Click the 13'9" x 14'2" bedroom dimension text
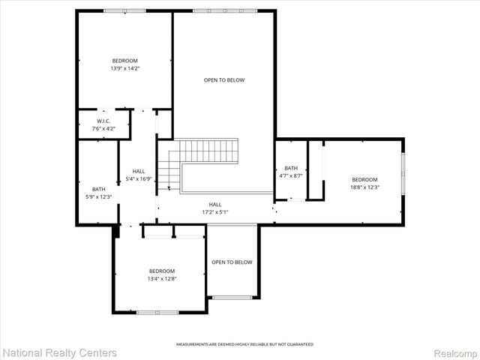tap(125, 68)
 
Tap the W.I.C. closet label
tap(103, 121)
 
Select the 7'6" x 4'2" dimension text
tap(103, 128)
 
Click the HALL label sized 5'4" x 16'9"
tap(138, 171)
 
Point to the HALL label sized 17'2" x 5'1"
tap(215, 204)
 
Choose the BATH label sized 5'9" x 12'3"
tap(99, 189)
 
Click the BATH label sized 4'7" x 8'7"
tap(291, 168)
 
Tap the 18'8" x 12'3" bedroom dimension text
tap(365, 187)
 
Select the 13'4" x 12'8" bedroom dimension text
tap(161, 278)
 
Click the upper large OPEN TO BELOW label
tap(224, 79)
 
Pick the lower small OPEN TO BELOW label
tap(232, 262)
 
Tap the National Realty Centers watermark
tap(60, 352)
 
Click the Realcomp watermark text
tap(455, 352)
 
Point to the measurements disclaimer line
tap(244, 344)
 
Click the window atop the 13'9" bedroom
tap(124, 10)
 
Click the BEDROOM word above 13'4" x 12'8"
tap(161, 271)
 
